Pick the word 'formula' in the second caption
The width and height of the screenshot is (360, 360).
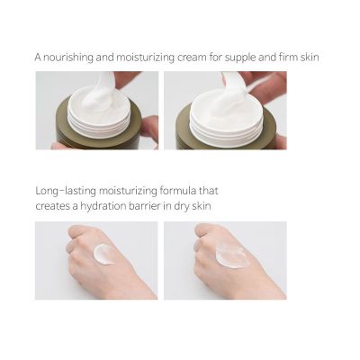pos(180,191)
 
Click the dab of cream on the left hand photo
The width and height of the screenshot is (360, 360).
pos(104,254)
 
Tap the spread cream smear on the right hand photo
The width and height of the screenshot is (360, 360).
pos(231,256)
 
